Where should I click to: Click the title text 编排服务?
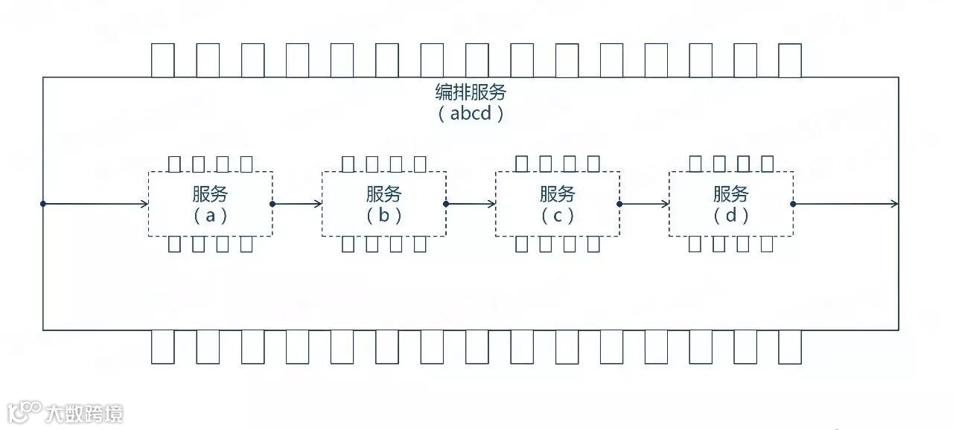471,92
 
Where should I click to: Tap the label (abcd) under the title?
471,114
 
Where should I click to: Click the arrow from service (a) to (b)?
297,204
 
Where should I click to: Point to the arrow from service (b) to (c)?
471,204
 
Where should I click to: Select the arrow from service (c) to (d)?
644,204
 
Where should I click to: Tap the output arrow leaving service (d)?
846,204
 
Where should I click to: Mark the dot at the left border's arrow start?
43,204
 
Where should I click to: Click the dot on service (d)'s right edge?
793,204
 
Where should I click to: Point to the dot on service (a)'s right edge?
272,204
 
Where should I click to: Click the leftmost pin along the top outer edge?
162,60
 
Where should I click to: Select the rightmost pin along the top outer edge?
790,60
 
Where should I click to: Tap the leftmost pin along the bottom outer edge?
162,347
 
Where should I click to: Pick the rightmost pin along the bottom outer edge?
790,347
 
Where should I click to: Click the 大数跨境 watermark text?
84,413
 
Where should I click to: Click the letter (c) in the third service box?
558,216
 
